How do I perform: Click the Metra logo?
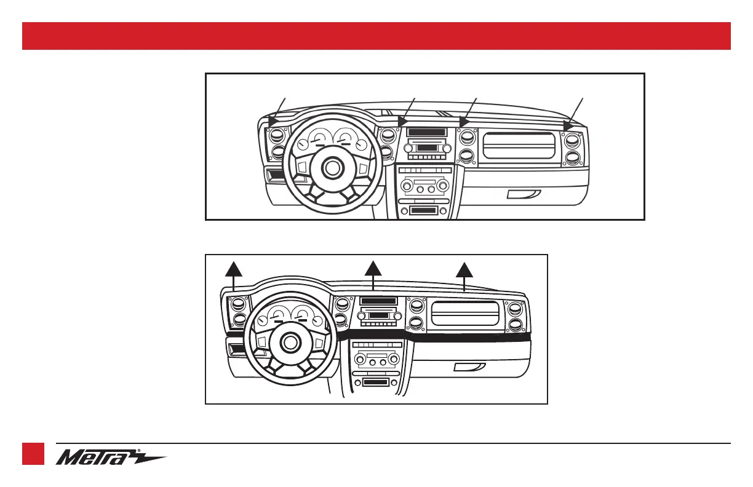111,457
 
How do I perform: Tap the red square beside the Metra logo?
33,454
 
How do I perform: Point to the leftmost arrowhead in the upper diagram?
273,121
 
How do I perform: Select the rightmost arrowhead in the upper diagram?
568,126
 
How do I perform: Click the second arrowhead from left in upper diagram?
403,121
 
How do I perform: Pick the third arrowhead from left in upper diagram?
464,122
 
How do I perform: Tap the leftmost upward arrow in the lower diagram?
234,277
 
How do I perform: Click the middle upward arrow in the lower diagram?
373,275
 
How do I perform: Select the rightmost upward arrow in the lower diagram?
464,277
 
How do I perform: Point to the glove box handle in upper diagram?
524,194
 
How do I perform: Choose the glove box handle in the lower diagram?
469,367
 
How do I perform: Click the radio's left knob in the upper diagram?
408,148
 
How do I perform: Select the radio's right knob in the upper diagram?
447,148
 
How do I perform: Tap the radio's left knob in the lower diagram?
361,316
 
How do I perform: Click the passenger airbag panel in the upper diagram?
519,146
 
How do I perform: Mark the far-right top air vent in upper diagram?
573,140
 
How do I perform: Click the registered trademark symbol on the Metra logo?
139,451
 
